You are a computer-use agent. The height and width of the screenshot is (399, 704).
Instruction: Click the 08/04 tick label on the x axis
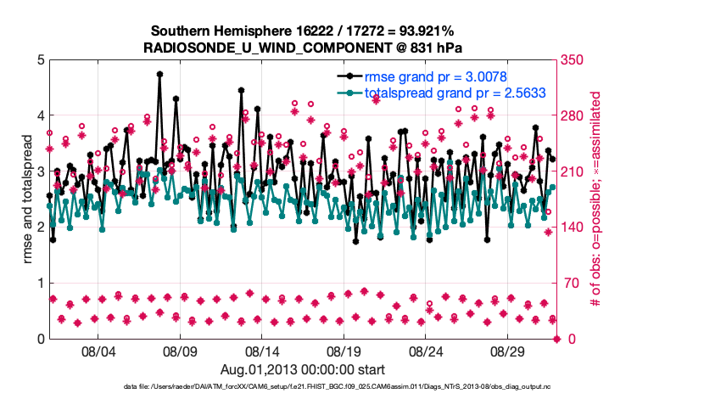tap(98, 351)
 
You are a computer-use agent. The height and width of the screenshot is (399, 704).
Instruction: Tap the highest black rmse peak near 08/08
tap(159, 74)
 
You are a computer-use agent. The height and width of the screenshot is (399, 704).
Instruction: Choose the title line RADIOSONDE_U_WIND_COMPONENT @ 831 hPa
tap(303, 48)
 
